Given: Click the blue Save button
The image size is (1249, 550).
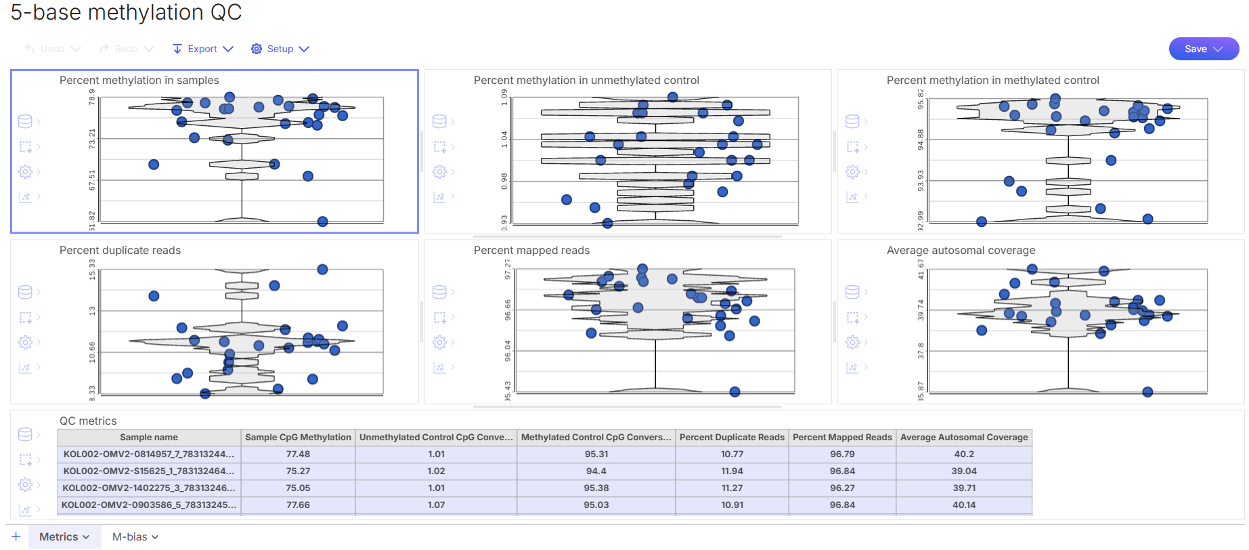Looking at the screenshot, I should [1203, 49].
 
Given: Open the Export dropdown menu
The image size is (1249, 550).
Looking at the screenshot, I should [202, 49].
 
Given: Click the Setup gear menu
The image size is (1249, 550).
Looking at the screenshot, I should [280, 49].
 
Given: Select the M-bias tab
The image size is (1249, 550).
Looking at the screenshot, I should [135, 536].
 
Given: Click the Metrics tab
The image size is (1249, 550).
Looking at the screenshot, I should [64, 536].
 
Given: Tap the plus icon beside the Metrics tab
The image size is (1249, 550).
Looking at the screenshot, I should [16, 536].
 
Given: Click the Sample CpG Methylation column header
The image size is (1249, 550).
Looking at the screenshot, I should [298, 438].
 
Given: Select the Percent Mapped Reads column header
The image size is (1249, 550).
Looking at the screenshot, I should [842, 438].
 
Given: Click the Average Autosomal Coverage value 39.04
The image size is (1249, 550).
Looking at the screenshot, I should [964, 471].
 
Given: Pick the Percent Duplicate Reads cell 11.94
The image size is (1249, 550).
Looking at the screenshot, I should [732, 471].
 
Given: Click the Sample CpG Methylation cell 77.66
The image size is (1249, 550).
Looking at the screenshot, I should [298, 505].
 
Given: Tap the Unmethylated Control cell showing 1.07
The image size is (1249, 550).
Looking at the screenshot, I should [436, 505].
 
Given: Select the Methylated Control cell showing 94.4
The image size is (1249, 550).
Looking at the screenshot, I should [596, 471].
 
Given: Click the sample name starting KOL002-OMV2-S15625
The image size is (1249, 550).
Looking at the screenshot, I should [149, 471].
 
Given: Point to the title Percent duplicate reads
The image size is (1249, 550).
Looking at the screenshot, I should [120, 251].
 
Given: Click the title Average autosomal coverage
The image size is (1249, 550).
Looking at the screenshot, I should [961, 251].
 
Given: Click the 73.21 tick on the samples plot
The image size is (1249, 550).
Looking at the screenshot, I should [93, 139].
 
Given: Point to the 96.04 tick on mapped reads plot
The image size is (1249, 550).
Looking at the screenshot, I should [508, 351].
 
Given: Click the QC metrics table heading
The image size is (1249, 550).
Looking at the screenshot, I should [88, 421].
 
